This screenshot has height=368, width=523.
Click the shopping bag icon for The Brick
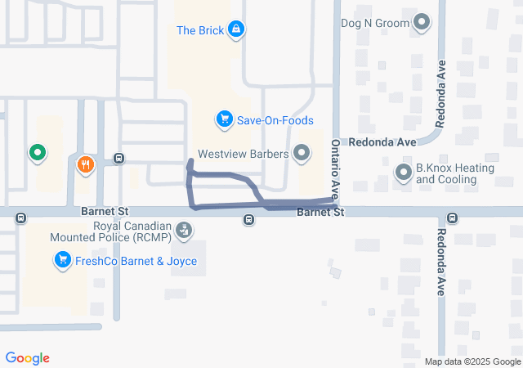click(236, 30)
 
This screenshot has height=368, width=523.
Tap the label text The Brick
click(199, 31)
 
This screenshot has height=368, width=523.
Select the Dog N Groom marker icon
click(422, 23)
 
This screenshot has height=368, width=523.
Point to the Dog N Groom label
click(375, 23)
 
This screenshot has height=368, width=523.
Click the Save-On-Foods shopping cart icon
click(223, 120)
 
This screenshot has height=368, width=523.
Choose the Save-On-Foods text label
click(275, 120)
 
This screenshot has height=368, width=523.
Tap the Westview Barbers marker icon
click(302, 153)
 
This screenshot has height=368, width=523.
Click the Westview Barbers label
click(244, 153)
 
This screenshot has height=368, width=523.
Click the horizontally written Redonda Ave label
click(382, 141)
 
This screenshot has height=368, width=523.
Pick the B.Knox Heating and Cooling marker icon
click(403, 173)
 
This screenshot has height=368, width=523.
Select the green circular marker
click(36, 152)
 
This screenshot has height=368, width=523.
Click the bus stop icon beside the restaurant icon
click(119, 159)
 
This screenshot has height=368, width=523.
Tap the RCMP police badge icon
click(186, 231)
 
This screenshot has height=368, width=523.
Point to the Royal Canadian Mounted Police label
click(132, 232)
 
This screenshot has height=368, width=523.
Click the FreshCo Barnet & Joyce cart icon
click(61, 261)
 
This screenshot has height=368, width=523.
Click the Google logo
click(27, 358)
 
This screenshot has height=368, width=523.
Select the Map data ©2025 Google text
click(472, 361)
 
